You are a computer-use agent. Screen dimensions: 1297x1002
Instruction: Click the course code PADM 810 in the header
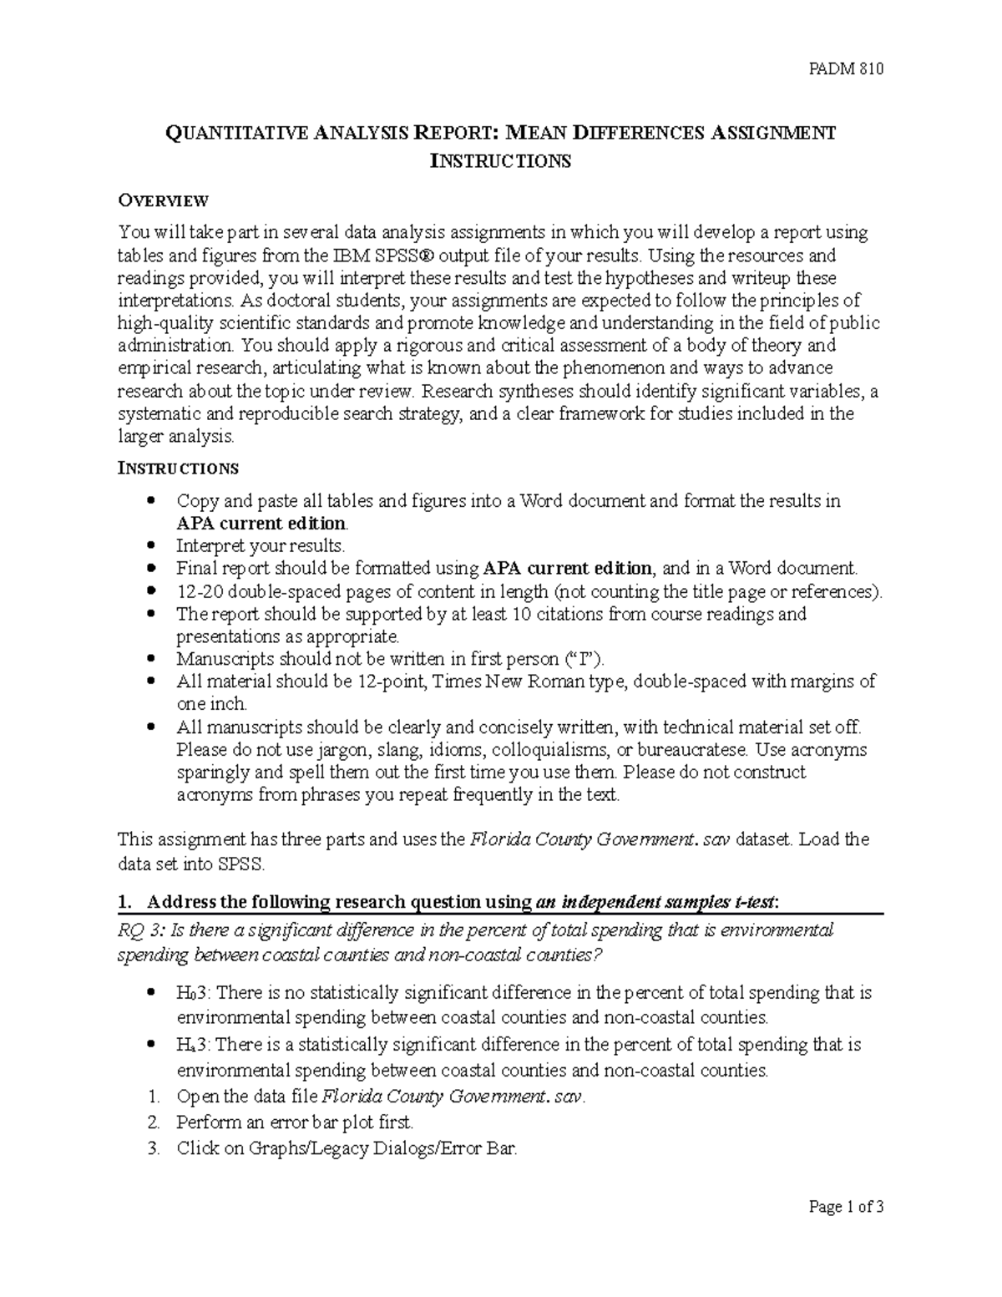tap(846, 69)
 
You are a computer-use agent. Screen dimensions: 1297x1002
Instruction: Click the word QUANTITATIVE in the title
tap(225, 134)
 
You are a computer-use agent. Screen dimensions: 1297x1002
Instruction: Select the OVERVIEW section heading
tap(163, 200)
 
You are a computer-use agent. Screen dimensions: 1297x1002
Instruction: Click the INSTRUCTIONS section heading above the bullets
tap(178, 468)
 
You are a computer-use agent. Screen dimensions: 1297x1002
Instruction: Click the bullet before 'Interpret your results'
tap(150, 546)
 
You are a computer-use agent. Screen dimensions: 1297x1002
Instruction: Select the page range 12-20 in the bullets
tap(199, 592)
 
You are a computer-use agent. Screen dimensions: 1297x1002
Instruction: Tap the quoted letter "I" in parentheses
tap(582, 659)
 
